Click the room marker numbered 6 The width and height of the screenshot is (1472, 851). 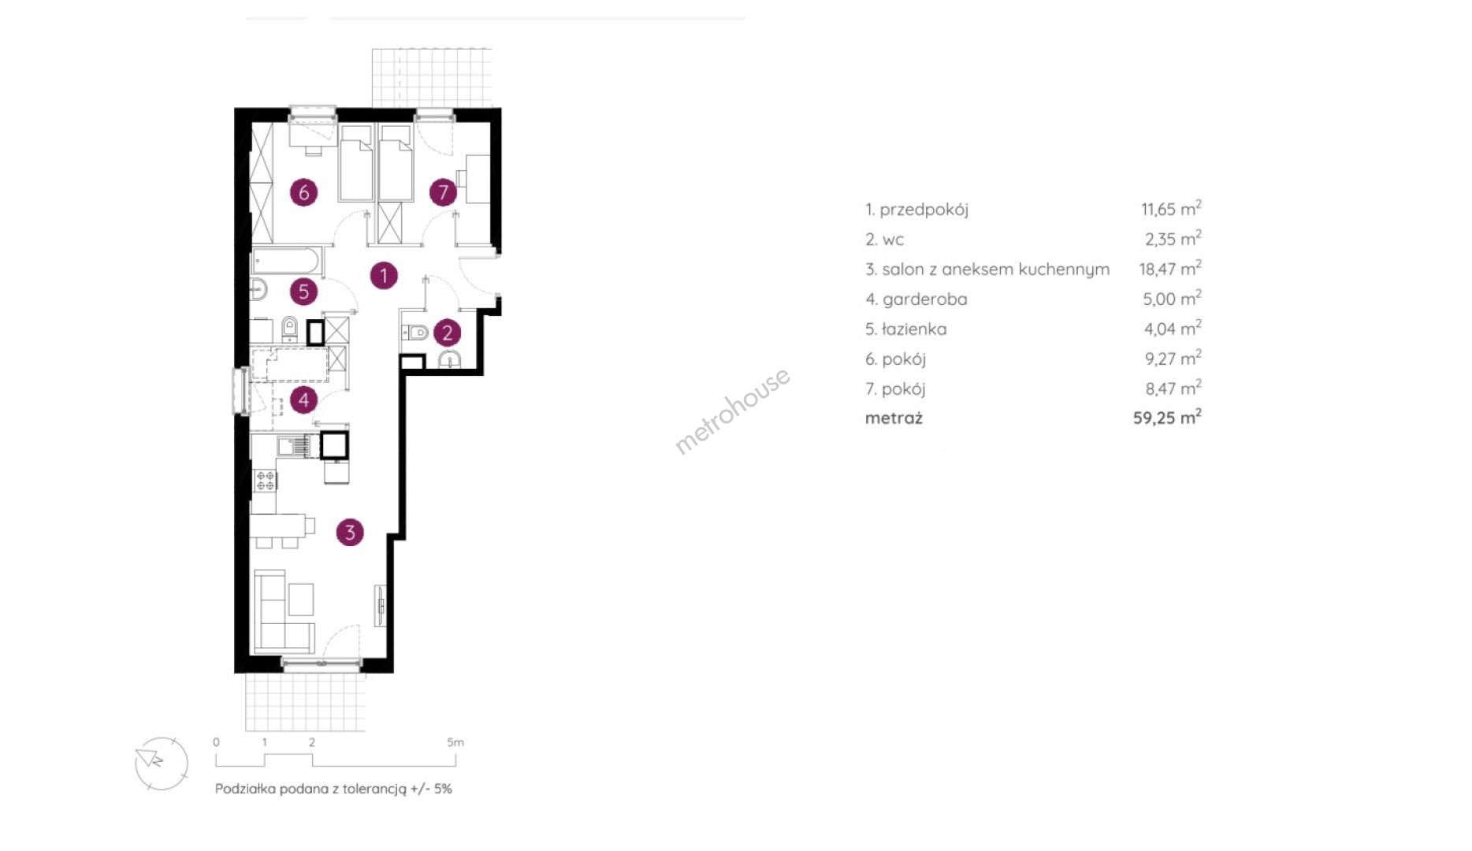303,191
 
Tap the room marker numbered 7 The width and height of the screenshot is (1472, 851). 443,191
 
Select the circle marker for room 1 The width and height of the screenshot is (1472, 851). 384,275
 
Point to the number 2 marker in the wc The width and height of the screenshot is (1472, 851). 447,333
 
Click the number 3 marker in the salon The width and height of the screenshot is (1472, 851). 350,532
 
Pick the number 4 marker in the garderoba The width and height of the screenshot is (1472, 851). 303,399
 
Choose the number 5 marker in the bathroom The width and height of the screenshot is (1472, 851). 303,292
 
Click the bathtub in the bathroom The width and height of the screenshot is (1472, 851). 286,260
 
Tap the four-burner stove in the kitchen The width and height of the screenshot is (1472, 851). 266,480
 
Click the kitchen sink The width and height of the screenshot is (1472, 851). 295,447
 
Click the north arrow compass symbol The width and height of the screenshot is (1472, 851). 162,763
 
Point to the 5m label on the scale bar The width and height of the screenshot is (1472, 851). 455,742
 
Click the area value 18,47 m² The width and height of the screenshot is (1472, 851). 1170,268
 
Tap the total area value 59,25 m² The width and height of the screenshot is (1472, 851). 1167,417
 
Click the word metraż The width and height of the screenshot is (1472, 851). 894,418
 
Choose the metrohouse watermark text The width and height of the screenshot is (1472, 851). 733,411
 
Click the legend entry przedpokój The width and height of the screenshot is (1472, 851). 924,210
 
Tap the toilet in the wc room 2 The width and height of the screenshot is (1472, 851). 414,333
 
